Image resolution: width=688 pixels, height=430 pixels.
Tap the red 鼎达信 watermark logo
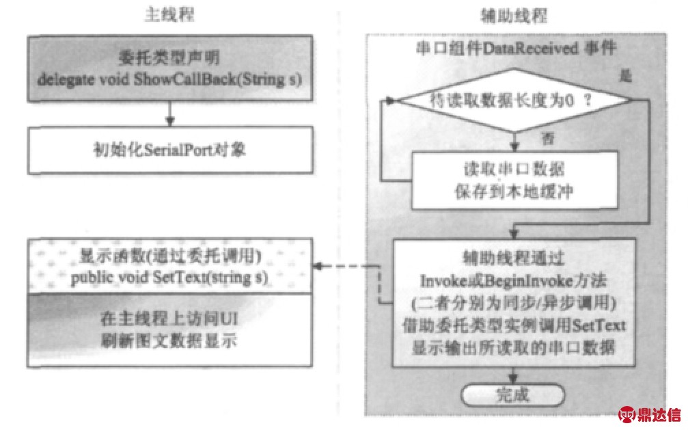(x=649, y=414)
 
